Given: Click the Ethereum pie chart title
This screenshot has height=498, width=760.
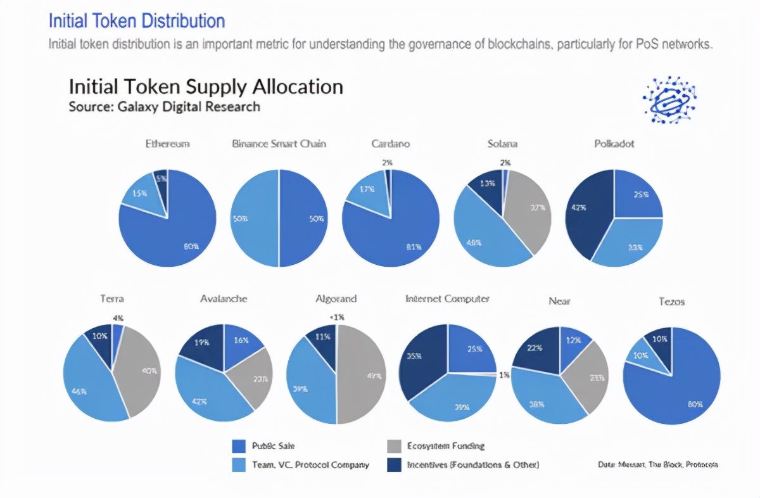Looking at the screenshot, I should point(167,144).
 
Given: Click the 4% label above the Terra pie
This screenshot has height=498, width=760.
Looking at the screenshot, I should point(118,317).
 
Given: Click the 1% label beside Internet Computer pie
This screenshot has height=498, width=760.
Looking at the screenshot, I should point(504,375).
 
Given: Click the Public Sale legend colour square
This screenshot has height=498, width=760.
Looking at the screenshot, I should point(239,446).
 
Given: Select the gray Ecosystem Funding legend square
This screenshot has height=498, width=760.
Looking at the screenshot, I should point(393,446).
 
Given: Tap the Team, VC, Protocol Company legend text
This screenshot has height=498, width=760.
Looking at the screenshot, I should point(310,465).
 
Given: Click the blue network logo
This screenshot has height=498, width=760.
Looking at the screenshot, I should point(669,99).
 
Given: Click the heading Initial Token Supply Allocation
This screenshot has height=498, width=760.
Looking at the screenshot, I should point(206,87).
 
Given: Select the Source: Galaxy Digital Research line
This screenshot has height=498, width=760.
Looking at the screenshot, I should point(164,106).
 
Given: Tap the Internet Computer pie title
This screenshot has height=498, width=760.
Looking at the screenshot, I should point(447,298).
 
